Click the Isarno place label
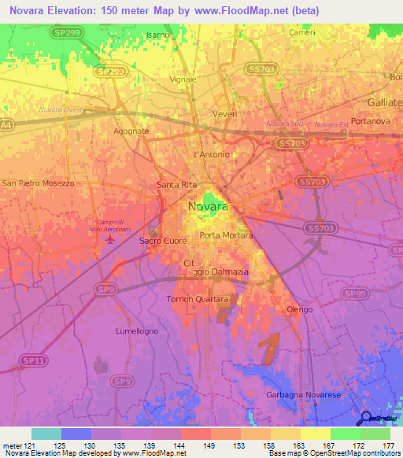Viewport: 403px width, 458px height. coord(158,35)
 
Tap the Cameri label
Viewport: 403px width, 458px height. coord(302,32)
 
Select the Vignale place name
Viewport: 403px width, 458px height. coord(183,80)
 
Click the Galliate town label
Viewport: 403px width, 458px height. coord(384,103)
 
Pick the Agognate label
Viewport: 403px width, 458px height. coord(131,131)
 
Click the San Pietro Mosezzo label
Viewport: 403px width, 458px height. coord(39,183)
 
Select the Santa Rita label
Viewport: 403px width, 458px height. coord(176,185)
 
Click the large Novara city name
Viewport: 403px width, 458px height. coord(208,207)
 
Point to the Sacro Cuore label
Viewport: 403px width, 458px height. coord(161,241)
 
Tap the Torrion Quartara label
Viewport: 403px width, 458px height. coord(197,299)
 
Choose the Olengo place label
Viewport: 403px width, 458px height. coord(299,309)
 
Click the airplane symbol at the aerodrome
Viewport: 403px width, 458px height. coord(109,238)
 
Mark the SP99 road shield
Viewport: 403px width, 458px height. coord(357,294)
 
